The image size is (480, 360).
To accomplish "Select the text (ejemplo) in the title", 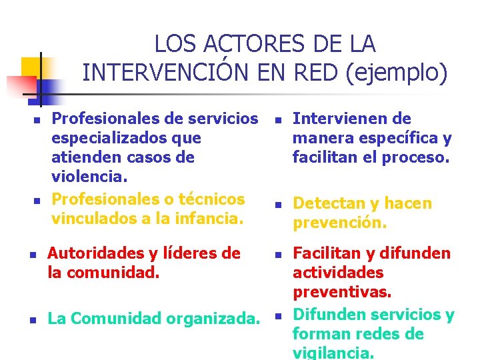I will click(396, 73).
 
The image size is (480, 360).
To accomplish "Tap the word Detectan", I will click(323, 203).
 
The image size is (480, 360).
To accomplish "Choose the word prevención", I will click(339, 223).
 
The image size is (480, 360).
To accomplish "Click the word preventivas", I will click(342, 292).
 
